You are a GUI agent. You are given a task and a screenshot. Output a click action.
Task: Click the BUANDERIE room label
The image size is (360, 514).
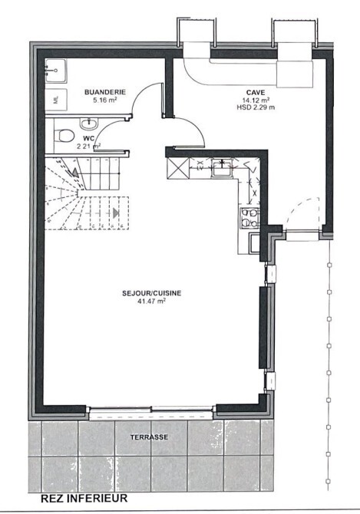pos(105,92)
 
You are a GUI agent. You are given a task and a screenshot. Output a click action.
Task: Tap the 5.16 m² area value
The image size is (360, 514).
pos(105,100)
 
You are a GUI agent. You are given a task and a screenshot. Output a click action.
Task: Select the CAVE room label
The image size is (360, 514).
pos(256,92)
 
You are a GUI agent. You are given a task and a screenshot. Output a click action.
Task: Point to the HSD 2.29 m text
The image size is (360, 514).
pos(256,107)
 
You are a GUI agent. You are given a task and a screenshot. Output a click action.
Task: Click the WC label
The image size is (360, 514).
pos(88,139)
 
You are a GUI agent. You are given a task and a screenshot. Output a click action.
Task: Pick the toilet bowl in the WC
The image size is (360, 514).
pos(64,135)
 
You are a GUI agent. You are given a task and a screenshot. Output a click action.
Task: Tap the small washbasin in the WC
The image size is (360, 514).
pos(88,124)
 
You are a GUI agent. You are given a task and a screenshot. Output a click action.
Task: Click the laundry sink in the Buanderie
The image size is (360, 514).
pos(56,70)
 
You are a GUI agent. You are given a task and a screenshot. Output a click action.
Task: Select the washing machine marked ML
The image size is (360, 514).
pos(56,99)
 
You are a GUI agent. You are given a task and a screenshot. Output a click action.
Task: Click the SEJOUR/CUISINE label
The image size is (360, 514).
pos(151,293)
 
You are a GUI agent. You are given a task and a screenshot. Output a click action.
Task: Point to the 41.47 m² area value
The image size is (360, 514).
pos(151,301)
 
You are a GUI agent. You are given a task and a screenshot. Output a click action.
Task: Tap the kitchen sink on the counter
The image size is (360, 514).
pos(223,168)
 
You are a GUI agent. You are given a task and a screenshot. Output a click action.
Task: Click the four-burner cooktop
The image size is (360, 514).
pos(249,218)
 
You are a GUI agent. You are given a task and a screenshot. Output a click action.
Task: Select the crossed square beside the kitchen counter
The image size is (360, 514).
pos(178,168)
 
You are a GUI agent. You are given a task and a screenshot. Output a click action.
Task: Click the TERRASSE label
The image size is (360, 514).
pos(149,437)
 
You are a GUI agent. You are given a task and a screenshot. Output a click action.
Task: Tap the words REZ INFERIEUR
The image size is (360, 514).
pos(84,499)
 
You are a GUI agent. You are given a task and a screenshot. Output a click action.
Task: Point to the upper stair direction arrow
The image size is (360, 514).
pos(75,173)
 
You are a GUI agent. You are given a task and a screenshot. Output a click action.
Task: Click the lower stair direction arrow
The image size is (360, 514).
pos(115,213)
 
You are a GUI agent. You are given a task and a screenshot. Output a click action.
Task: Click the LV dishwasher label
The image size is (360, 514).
pos(200,169)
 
